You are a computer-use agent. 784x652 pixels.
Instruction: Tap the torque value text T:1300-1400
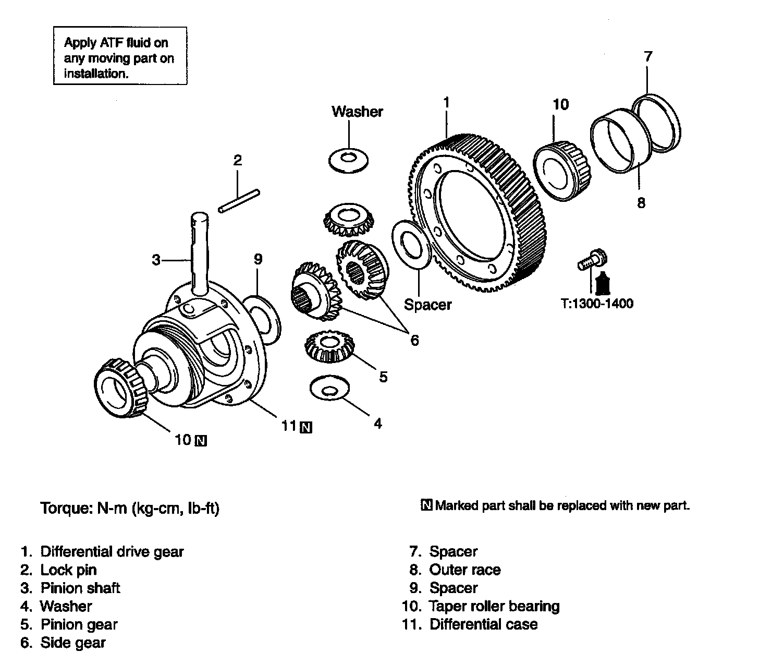pos(597,303)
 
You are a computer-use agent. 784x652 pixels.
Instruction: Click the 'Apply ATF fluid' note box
pos(120,56)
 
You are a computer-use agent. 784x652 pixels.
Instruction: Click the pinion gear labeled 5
pos(328,346)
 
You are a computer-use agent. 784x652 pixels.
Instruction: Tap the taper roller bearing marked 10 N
pos(121,388)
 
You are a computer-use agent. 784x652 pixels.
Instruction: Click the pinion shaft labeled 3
pos(199,250)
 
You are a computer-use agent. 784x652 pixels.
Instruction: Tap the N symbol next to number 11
pos(307,427)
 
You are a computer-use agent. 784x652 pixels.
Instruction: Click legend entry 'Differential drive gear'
pos(112,551)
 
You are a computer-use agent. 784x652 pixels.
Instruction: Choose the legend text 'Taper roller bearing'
pos(494,606)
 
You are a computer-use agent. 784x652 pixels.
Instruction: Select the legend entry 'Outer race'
pos(464,570)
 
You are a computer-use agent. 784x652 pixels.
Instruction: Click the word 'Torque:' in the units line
pos(66,508)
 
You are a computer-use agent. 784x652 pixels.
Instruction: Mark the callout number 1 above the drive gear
pos(446,102)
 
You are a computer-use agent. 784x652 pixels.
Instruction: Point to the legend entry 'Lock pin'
pos(68,570)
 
